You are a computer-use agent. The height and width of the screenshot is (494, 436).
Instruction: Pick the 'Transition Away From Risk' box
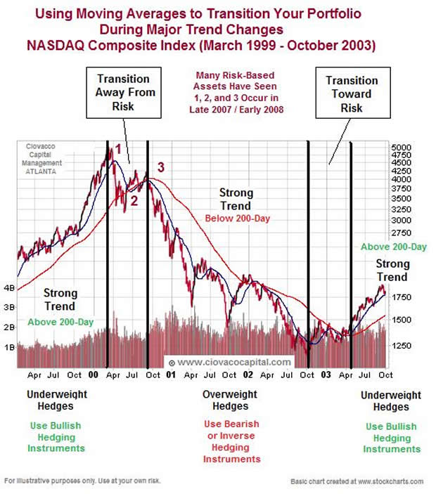point(127,93)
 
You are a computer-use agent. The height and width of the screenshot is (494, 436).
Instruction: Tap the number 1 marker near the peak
point(119,149)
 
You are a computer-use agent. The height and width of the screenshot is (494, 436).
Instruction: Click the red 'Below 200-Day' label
point(237,219)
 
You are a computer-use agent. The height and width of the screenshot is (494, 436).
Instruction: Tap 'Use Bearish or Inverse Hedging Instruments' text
point(231,441)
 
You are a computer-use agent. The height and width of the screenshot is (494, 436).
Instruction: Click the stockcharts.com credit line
point(357,481)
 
